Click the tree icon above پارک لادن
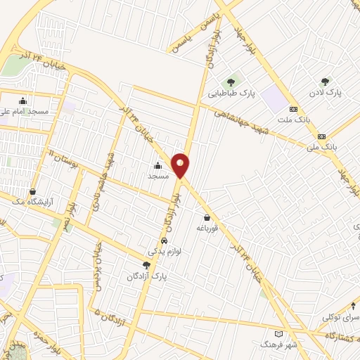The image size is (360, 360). (x=324, y=82)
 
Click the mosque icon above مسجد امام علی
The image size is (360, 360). (x=23, y=100)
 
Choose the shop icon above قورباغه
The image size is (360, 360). (x=207, y=217)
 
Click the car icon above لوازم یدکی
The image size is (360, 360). (x=164, y=239)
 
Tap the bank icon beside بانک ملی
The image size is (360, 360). (x=321, y=136)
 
